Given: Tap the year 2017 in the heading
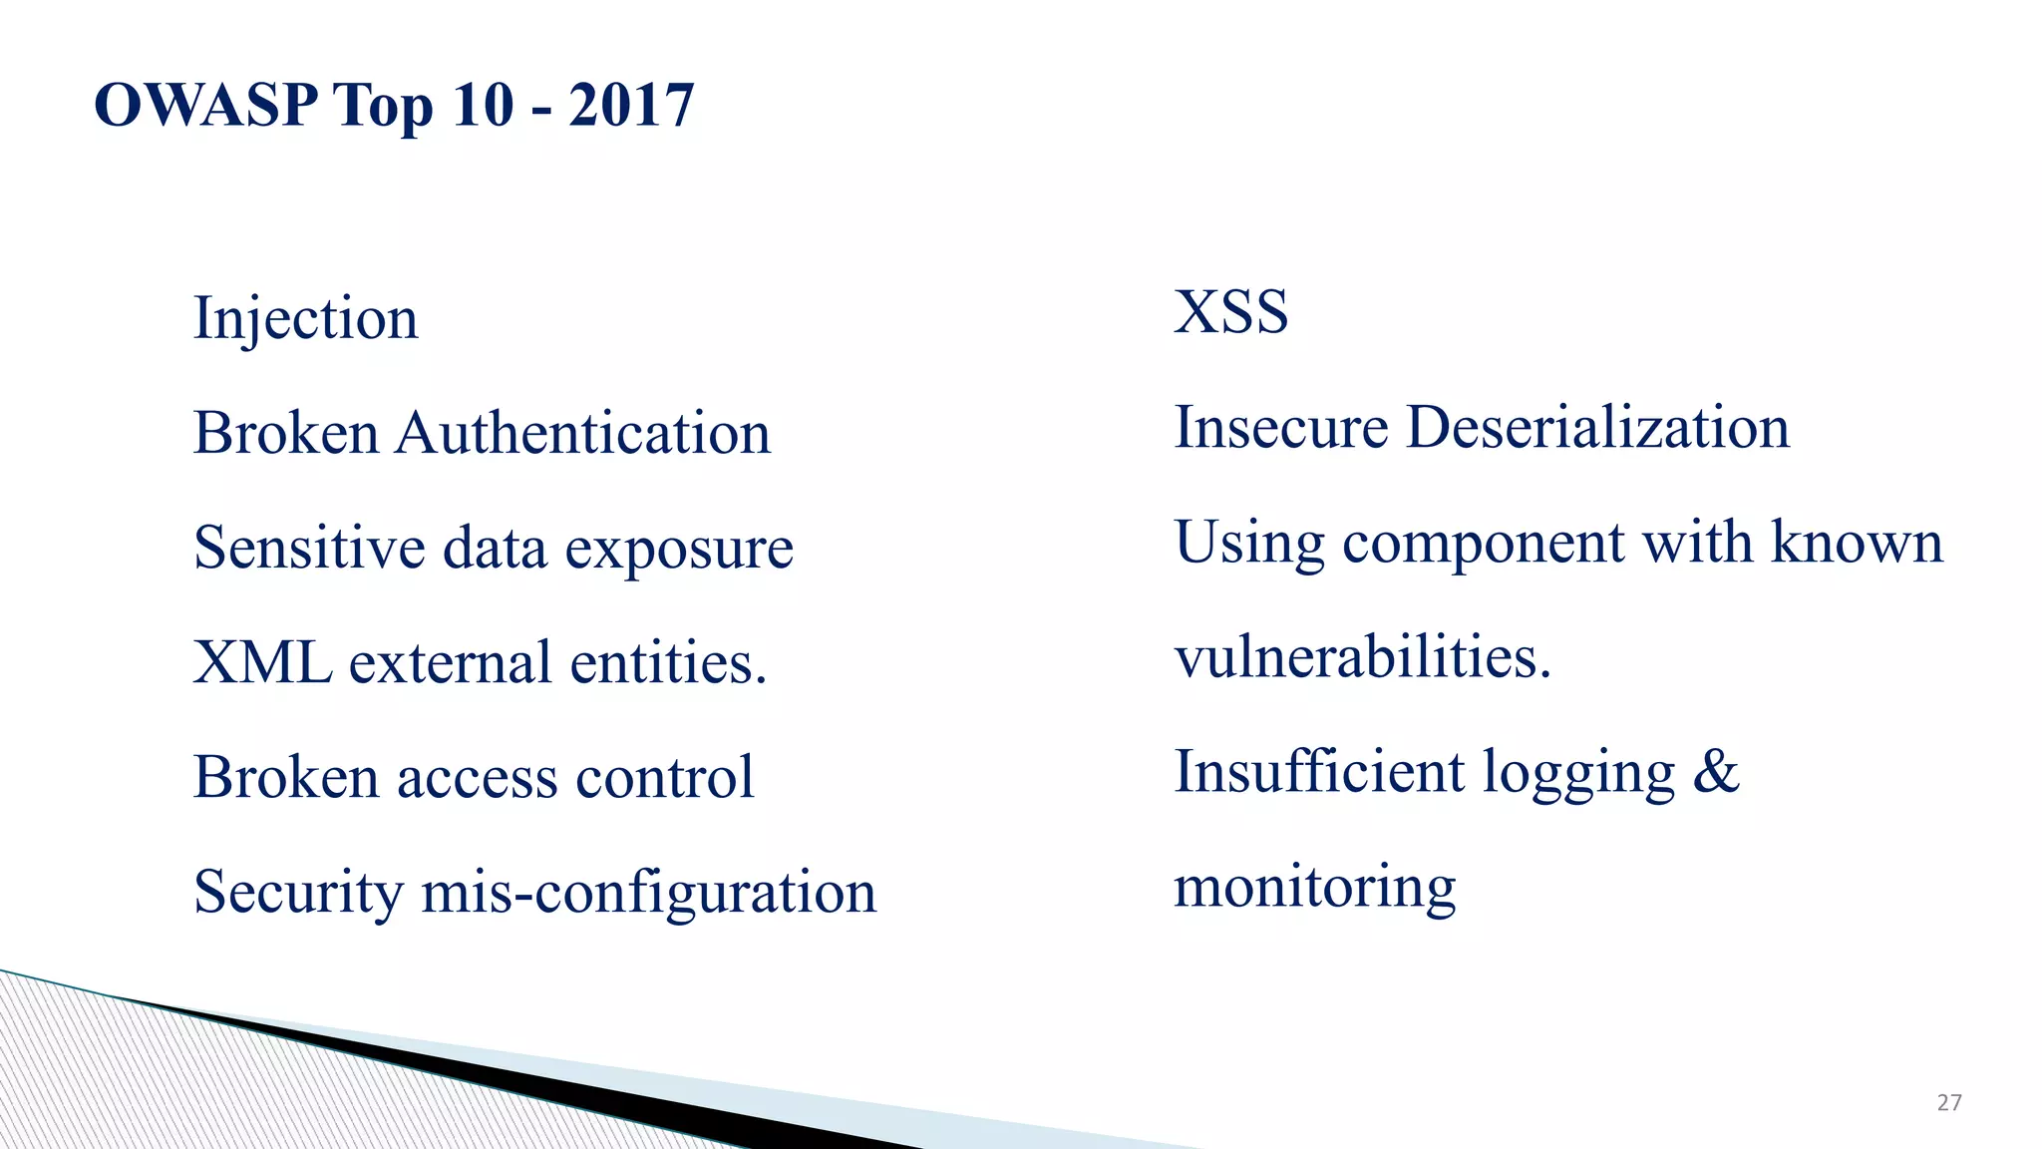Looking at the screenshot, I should pos(631,105).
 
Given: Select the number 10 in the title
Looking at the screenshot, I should pos(483,105).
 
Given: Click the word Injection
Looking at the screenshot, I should pos(305,319).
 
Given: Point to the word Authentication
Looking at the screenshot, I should pos(583,434).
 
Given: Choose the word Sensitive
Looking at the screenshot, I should pos(309,549).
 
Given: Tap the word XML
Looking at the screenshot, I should pos(262,663).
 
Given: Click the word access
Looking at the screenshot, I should pos(477,778).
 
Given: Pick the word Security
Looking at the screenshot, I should pos(298,893).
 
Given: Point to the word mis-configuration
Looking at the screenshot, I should pos(648,893).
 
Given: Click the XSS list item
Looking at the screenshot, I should pos(1230,312).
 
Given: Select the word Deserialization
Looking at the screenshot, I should pos(1597,428).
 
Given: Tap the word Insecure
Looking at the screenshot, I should pos(1281,428).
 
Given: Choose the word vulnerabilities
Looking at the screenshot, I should pos(1362,658).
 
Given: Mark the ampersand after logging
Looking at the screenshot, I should pos(1716,772).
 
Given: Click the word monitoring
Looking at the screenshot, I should pos(1314,887).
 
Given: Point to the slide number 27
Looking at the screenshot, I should pos(1949,1102).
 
